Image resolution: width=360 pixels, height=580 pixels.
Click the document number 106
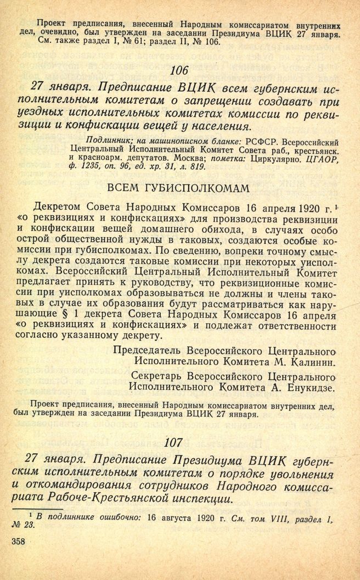(x=179, y=70)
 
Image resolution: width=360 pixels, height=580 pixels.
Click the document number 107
(x=179, y=441)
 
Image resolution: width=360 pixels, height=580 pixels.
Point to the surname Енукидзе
(x=313, y=387)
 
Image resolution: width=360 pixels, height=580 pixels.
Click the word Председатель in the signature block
(x=148, y=350)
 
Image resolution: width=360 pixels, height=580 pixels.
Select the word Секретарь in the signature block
(x=155, y=376)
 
